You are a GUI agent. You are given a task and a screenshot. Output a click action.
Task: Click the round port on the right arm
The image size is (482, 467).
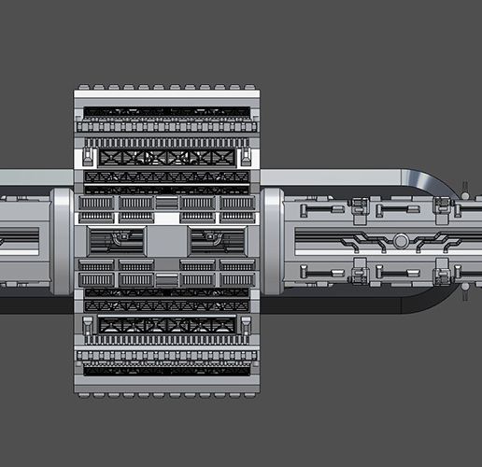pyautogui.click(x=400, y=241)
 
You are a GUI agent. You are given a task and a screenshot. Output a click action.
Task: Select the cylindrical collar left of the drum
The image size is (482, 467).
pyautogui.click(x=62, y=241)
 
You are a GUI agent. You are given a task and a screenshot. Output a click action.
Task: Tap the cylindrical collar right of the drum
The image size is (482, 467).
pyautogui.click(x=272, y=241)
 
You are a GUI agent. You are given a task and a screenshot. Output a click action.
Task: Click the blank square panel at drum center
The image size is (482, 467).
pyautogui.click(x=168, y=241)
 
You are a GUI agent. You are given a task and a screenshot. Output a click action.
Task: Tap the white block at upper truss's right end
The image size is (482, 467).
pyautogui.click(x=246, y=154)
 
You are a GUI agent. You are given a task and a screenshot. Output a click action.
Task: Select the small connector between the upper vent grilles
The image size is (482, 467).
pyautogui.click(x=168, y=202)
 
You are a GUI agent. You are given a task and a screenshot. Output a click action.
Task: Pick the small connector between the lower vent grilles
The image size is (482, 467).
pyautogui.click(x=168, y=279)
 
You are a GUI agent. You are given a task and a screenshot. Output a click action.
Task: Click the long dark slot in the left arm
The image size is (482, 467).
pyautogui.click(x=19, y=241)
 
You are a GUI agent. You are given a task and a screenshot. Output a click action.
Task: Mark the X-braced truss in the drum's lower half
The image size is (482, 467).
pyautogui.click(x=168, y=325)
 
